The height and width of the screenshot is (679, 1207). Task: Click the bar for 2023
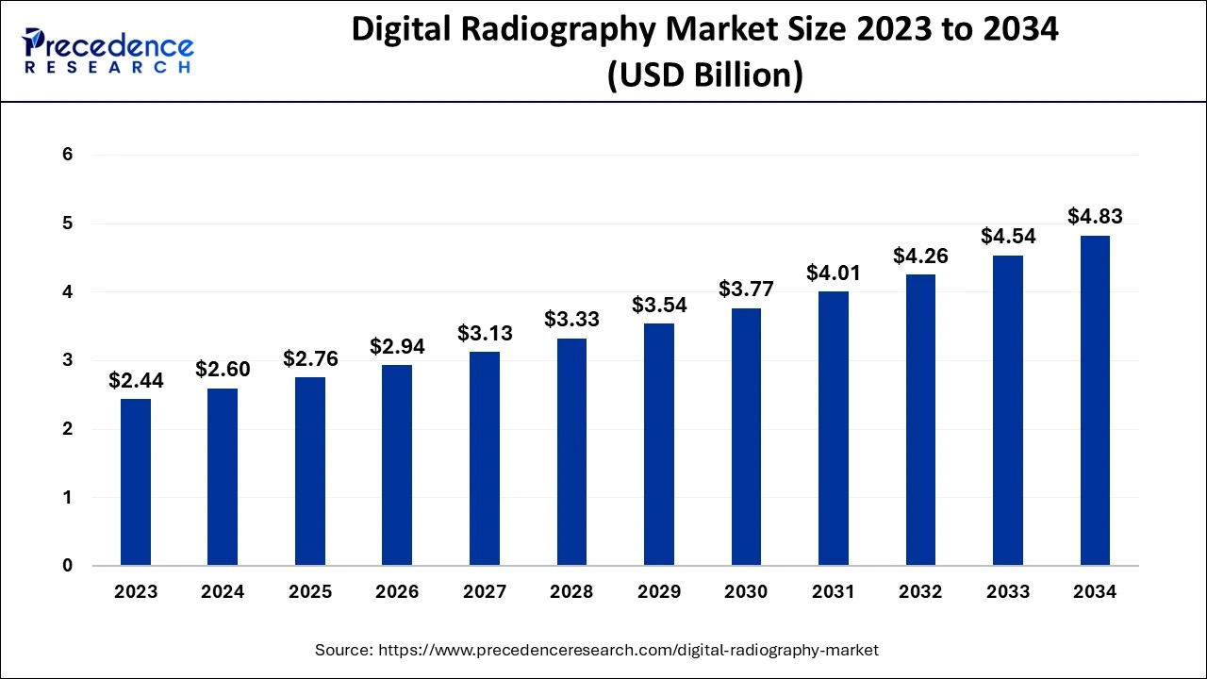[x=136, y=482]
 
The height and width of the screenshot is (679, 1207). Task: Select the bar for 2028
[x=571, y=452]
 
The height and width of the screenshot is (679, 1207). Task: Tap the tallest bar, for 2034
[x=1095, y=400]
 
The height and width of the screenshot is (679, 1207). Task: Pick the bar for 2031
[x=834, y=428]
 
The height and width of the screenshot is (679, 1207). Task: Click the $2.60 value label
[x=223, y=370]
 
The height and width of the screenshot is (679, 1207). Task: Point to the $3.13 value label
[x=485, y=333]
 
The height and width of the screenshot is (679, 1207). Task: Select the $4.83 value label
[x=1095, y=216]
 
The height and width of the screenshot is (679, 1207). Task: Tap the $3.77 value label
[x=746, y=289]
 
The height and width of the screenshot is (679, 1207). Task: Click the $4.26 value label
[x=920, y=256]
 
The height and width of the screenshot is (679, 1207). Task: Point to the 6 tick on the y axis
[x=68, y=155]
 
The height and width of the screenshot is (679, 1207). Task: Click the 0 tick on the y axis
[x=68, y=566]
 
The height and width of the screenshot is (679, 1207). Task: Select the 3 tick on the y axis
[x=68, y=360]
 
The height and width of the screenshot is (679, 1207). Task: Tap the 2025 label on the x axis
[x=310, y=592]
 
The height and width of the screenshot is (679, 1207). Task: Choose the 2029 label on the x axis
[x=659, y=592]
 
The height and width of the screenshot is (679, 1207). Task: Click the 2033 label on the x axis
[x=1008, y=592]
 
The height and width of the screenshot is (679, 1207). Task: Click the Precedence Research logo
[x=109, y=51]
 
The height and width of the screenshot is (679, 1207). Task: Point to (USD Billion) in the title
[x=705, y=75]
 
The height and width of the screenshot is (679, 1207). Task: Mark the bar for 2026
[x=397, y=465]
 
